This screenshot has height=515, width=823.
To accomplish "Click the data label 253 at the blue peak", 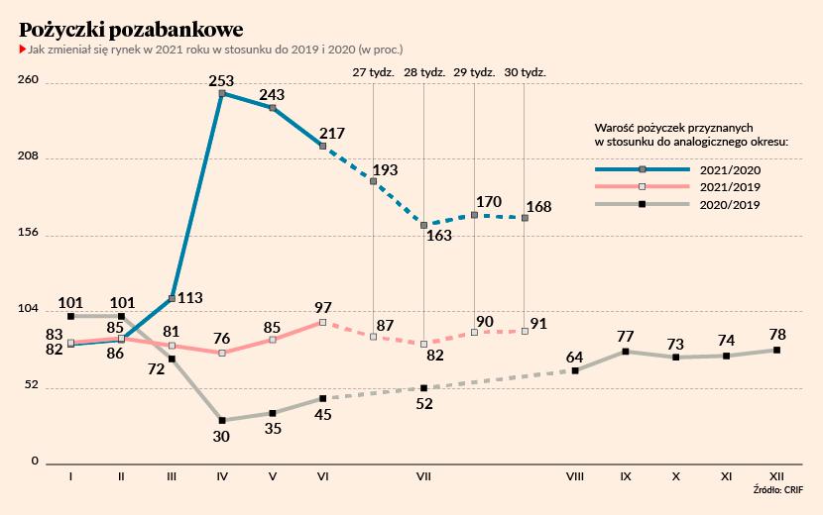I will pos(222,81).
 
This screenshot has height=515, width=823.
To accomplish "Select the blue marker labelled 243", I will pos(273,107).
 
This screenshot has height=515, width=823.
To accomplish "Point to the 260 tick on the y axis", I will pos(28,81).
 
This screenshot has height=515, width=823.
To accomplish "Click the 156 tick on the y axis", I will pos(28,234).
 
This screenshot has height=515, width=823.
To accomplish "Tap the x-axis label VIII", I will pos(574,476).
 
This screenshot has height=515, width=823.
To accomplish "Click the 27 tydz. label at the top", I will pos(374,72).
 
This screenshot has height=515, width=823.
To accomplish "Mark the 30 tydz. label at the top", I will pos(526,72).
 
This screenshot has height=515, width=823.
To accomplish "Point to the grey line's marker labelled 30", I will pos(222,421).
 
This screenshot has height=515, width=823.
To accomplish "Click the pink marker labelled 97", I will pos(323,322).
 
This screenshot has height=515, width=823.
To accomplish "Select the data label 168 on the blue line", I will pos(540,206).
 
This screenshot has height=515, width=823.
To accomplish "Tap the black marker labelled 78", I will pos(776,350).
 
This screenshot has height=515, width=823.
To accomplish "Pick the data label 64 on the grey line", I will pos(575,357).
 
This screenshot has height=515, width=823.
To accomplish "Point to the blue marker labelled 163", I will pos(423,226).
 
